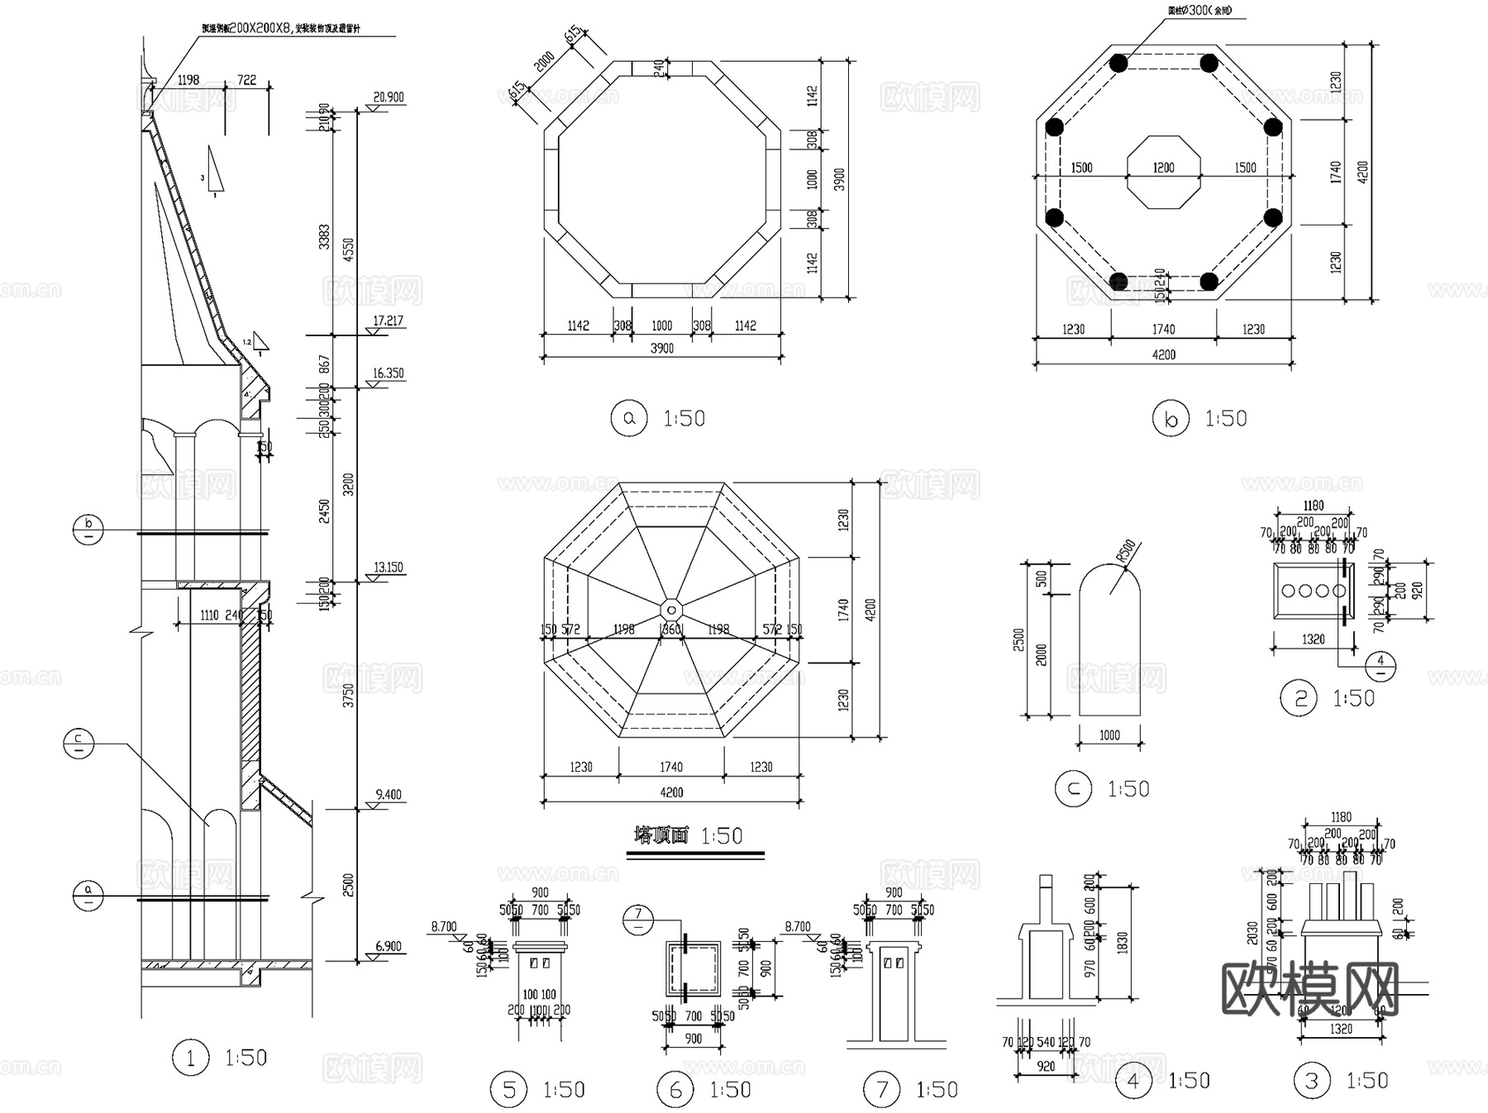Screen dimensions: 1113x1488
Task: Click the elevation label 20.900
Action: [x=388, y=97]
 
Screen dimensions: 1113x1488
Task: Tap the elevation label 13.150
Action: [x=388, y=567]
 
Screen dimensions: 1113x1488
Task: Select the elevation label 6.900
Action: [x=388, y=946]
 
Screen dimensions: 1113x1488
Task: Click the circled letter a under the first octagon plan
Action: [x=629, y=418]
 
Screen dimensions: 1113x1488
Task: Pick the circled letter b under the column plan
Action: [x=1170, y=419]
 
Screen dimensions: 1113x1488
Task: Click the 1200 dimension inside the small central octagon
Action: [x=1163, y=168]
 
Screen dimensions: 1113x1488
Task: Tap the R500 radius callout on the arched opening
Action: [x=1126, y=552]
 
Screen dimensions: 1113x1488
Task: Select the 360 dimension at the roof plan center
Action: [x=671, y=630]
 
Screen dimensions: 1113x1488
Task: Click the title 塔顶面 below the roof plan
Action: [x=661, y=835]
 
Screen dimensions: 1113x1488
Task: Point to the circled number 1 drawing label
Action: [x=191, y=1058]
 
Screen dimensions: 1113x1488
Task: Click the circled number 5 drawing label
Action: [x=508, y=1090]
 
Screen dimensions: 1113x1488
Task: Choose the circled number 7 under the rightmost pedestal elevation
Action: [x=881, y=1090]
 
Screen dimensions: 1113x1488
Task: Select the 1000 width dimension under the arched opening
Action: [x=1109, y=735]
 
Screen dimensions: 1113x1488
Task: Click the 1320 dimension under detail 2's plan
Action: [x=1313, y=639]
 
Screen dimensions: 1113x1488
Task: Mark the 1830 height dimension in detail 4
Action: [x=1122, y=941]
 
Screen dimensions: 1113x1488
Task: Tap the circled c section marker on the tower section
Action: [x=79, y=744]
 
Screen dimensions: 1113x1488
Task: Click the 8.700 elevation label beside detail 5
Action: [x=444, y=926]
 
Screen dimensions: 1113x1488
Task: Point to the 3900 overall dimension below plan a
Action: [x=661, y=348]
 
